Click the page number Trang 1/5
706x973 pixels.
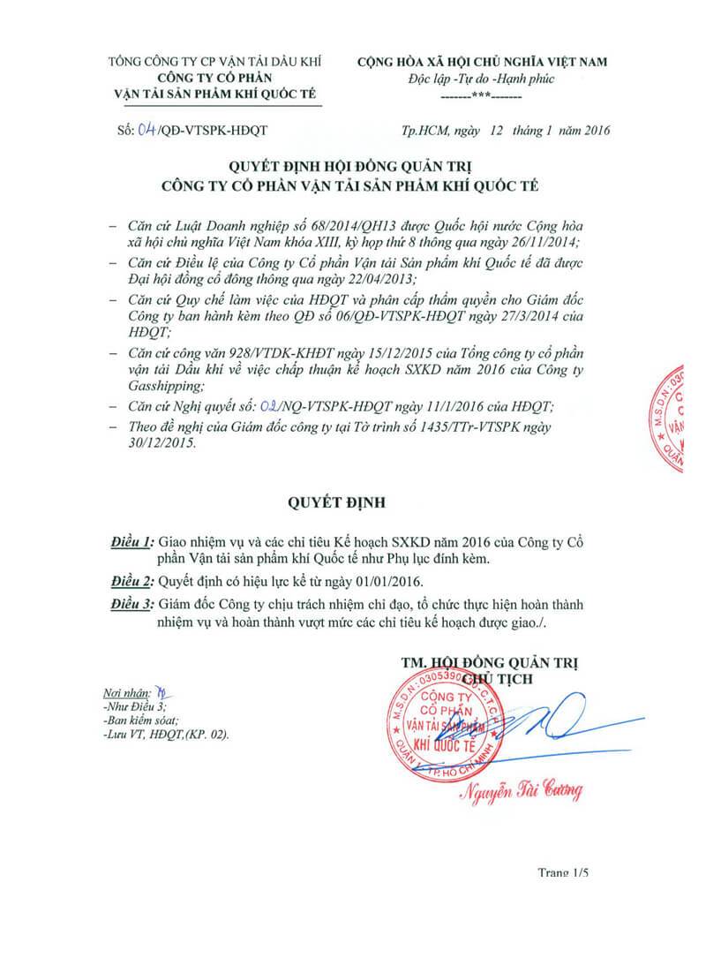click(x=562, y=872)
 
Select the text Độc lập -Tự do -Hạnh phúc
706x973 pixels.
click(x=481, y=79)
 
